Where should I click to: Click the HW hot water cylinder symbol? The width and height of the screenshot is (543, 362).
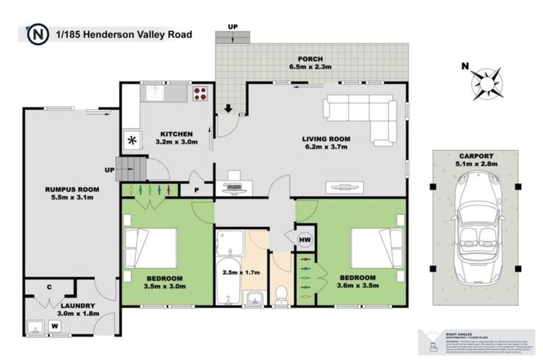coord(305,241)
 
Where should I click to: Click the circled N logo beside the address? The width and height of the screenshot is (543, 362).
coord(36,33)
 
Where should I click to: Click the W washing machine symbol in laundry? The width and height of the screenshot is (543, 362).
coord(54,326)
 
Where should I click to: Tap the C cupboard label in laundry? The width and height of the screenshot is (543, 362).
coord(49,287)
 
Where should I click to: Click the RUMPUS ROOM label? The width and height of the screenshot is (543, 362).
coord(71,189)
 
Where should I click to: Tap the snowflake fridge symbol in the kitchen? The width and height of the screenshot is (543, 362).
coord(132,139)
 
